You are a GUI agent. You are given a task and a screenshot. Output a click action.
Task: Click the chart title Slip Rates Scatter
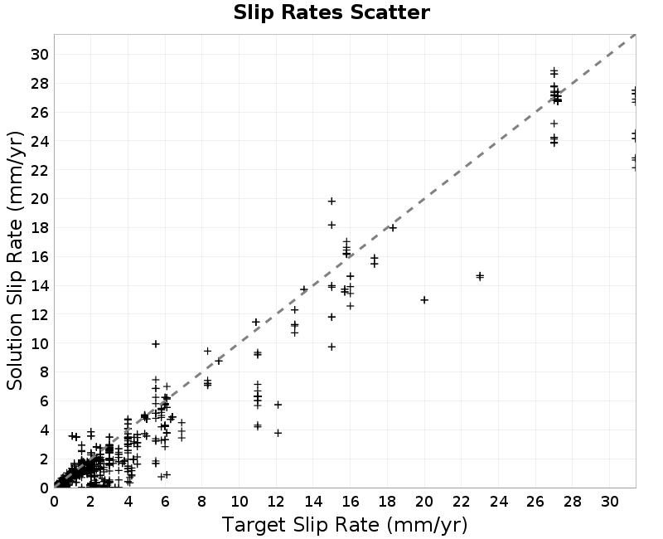point(331,12)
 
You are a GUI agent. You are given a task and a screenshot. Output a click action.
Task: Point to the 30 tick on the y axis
point(39,55)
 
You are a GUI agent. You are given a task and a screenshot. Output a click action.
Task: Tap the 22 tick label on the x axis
point(462,502)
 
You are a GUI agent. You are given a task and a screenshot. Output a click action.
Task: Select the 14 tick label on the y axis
point(39,286)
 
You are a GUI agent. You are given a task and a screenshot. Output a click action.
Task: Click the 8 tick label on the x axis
point(201,502)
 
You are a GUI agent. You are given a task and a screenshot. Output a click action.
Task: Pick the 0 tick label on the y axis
point(44,488)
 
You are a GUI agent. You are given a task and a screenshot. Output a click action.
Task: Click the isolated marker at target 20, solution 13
point(424,300)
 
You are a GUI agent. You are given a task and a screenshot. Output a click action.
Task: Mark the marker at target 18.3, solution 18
point(393,228)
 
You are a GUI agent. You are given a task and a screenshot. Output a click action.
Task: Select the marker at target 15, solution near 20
point(332,202)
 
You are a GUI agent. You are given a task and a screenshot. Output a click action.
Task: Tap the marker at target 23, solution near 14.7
point(480,276)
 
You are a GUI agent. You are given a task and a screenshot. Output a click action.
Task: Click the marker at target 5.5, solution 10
point(156,344)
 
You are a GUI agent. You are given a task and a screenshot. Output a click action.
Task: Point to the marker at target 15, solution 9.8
point(332,347)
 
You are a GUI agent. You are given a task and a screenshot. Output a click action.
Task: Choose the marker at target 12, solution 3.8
point(278,433)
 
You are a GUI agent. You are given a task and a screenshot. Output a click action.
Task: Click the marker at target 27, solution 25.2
point(554,124)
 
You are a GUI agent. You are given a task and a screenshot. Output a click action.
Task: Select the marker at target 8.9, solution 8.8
point(219,362)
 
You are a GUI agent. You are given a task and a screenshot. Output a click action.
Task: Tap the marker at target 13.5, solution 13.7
point(303,289)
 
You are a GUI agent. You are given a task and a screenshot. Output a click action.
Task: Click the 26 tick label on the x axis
point(535,502)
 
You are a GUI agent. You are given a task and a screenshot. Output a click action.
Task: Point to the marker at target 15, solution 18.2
point(332,225)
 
